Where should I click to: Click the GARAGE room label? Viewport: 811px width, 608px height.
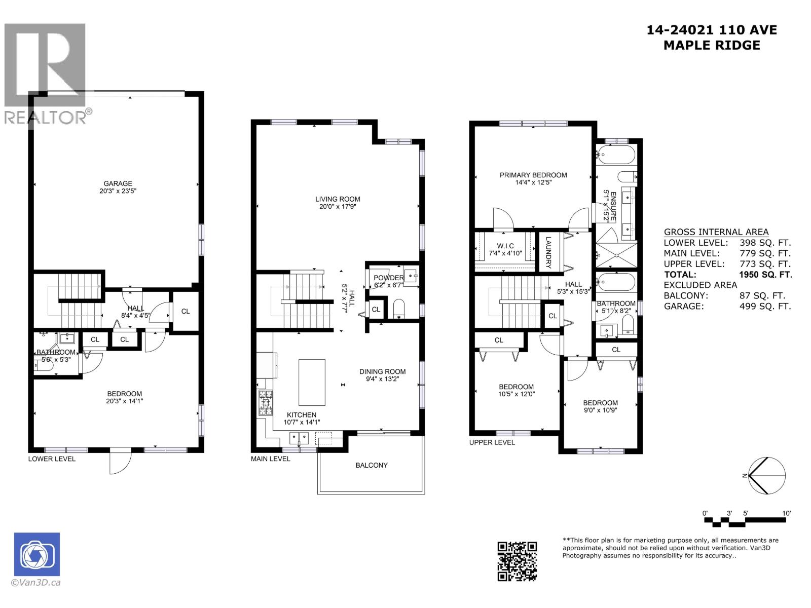(118, 184)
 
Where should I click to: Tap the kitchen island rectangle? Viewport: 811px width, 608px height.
(312, 382)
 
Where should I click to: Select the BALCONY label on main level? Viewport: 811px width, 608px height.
(371, 465)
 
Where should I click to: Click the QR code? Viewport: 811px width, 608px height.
(517, 561)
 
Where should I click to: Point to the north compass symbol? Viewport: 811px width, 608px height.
(766, 475)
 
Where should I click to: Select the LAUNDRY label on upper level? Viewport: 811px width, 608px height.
(548, 252)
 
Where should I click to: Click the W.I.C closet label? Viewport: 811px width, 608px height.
(505, 246)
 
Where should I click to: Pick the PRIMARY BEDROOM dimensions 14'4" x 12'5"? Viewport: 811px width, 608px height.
(533, 182)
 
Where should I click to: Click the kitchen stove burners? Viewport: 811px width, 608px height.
(266, 403)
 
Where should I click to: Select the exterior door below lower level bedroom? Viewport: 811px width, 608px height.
(120, 461)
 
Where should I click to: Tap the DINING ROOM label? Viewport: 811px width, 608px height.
(382, 371)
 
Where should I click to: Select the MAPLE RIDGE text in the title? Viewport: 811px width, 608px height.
(712, 45)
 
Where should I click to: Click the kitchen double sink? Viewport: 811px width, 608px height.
(299, 437)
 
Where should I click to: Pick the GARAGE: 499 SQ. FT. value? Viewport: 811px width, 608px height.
(765, 306)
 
